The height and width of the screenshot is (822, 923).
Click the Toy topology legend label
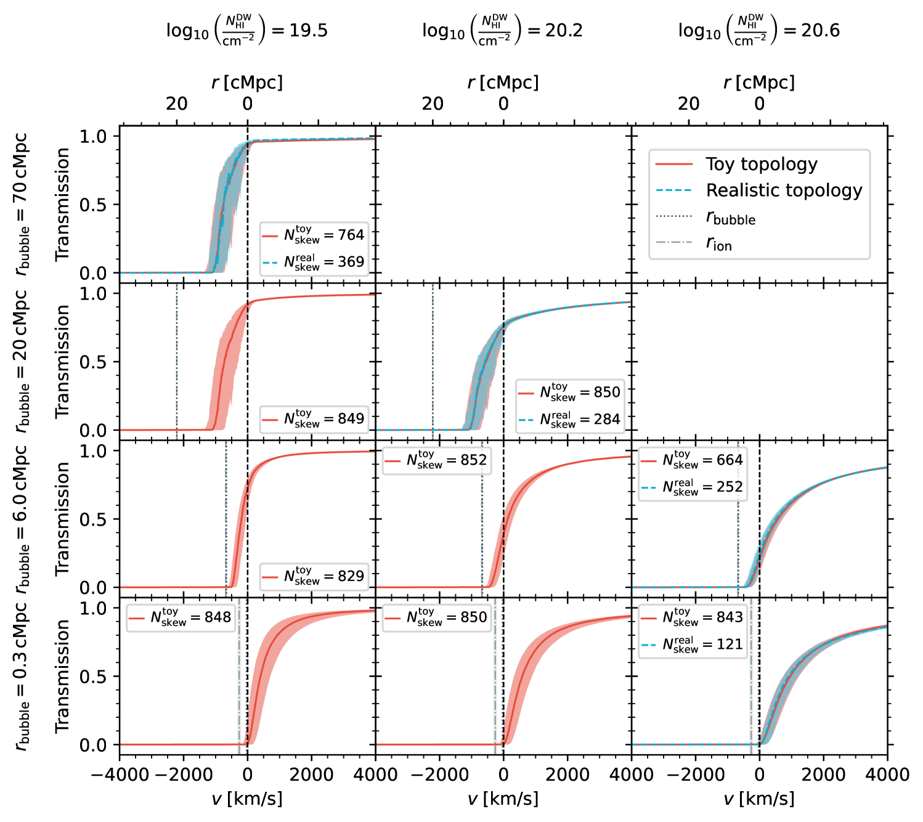coord(762,164)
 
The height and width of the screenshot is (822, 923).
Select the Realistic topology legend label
coord(784,190)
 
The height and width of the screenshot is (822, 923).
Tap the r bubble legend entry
coord(730,217)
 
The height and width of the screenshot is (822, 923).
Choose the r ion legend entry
coord(718,243)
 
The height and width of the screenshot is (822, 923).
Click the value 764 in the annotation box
coord(351,235)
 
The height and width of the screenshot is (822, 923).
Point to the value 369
coord(351,262)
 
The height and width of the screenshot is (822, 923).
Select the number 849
coord(351,419)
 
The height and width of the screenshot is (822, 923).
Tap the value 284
coord(607,420)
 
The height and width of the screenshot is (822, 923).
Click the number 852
coord(474,460)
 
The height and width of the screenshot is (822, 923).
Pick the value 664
coord(730,460)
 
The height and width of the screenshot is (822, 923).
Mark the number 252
coord(730,487)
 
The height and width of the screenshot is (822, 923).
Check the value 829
coord(351,576)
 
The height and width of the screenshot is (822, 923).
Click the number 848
coord(218,617)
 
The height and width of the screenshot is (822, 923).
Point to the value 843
coord(730,617)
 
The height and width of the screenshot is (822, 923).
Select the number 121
coord(730,645)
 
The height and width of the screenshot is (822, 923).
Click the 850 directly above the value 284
coord(607,393)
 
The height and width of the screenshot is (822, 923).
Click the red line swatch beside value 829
coord(270,577)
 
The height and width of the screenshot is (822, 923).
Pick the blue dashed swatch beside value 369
coord(270,263)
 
